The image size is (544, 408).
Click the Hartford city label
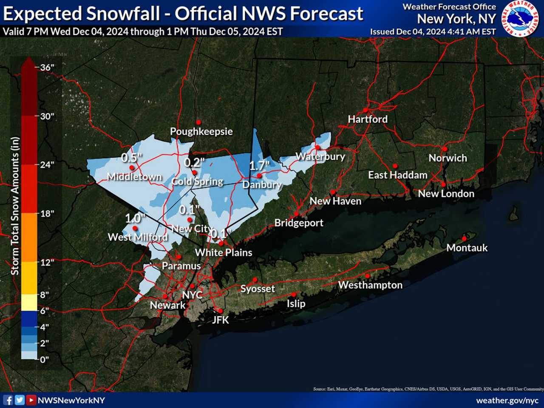(x=368, y=119)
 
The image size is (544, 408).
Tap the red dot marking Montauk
(x=464, y=239)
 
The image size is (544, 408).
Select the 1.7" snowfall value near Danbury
(x=259, y=165)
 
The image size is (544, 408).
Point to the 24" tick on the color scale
(x=47, y=164)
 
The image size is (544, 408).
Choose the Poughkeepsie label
(x=201, y=131)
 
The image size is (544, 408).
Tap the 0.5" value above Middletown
(x=131, y=158)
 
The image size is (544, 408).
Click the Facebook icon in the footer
(x=8, y=400)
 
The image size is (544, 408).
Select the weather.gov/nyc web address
(x=507, y=400)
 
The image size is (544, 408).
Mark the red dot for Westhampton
(x=367, y=276)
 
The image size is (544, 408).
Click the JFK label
(x=221, y=320)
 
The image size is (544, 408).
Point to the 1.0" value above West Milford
(x=135, y=218)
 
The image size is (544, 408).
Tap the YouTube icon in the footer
(x=31, y=400)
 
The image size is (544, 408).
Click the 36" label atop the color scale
(x=47, y=68)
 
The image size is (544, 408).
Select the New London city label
(x=446, y=194)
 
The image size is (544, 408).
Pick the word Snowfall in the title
(x=124, y=14)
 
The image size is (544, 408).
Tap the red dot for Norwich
(x=445, y=149)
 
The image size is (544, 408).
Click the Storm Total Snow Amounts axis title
(x=15, y=206)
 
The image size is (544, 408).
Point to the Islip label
(x=296, y=303)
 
